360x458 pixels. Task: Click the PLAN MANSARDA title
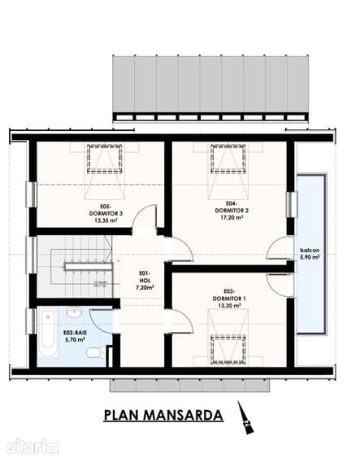163,415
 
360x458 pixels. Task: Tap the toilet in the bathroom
94,353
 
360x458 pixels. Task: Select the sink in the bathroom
74,312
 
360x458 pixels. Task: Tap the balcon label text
309,250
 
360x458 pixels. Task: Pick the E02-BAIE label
77,334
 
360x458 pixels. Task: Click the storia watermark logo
33,446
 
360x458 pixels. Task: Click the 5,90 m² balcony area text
309,257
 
